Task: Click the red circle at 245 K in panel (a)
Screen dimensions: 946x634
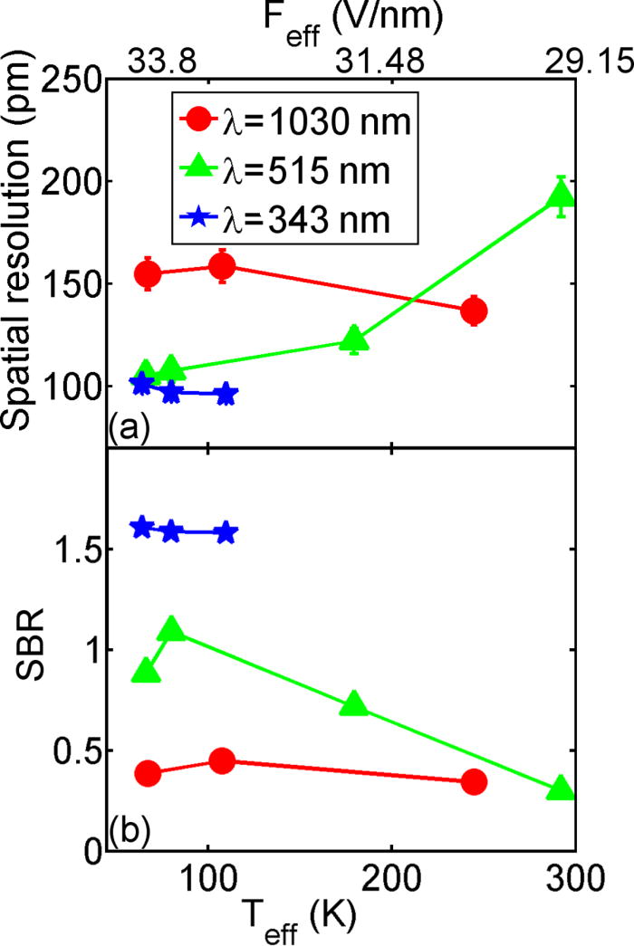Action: [474, 311]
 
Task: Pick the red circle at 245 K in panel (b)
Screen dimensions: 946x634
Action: [474, 781]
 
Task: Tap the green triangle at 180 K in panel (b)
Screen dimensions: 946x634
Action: [354, 704]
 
